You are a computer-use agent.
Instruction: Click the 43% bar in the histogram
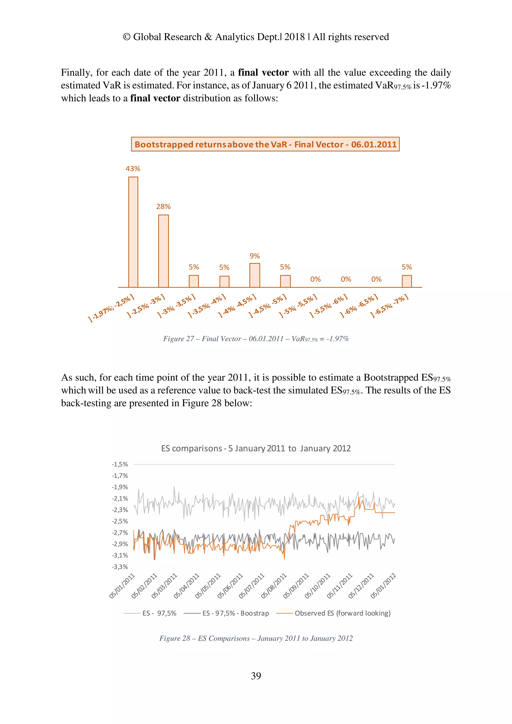(x=133, y=232)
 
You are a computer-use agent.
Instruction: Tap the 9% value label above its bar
(x=254, y=256)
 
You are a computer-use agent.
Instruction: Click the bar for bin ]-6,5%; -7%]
(x=407, y=281)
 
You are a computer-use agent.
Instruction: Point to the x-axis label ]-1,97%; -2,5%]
(x=111, y=308)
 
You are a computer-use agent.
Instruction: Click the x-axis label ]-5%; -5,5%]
(x=298, y=306)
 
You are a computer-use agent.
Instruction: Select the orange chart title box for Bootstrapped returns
(x=265, y=144)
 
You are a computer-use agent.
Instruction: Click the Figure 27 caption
(x=256, y=339)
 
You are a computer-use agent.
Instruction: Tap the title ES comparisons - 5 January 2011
(x=256, y=448)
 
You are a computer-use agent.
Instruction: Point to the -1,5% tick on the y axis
(x=120, y=464)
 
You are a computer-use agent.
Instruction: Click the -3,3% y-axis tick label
(x=120, y=567)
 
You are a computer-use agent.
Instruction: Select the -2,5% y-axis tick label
(x=120, y=521)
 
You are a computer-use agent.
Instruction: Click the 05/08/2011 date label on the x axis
(x=274, y=586)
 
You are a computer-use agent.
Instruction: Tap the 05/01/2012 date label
(x=383, y=586)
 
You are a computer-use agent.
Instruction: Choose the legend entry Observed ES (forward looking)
(x=342, y=613)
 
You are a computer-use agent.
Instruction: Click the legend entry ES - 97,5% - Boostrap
(x=235, y=613)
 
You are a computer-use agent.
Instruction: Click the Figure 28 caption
(x=256, y=638)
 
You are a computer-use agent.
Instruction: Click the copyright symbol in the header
(x=126, y=37)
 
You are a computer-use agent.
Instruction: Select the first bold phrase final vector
(x=263, y=72)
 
